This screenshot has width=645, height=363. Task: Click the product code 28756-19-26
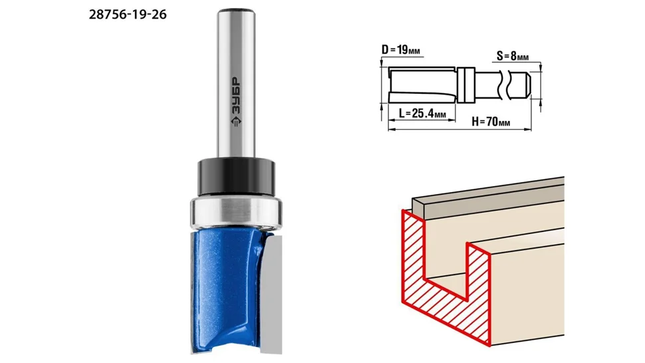click(x=128, y=15)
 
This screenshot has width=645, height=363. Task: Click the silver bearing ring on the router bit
click(x=235, y=212)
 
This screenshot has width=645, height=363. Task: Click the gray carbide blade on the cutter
click(x=272, y=294)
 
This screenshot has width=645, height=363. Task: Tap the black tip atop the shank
click(x=236, y=10)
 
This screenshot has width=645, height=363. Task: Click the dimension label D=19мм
click(x=401, y=50)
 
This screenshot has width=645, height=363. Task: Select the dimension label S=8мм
click(x=512, y=56)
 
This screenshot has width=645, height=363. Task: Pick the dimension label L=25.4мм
click(x=422, y=112)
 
